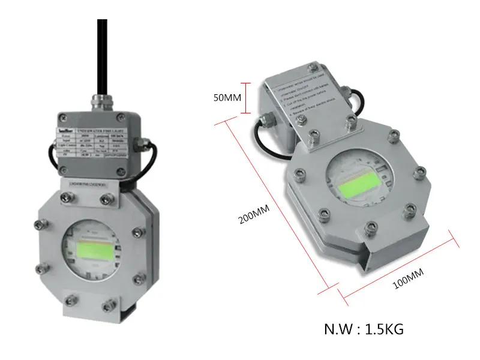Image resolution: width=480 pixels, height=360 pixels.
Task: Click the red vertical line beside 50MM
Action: pos(245,98)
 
